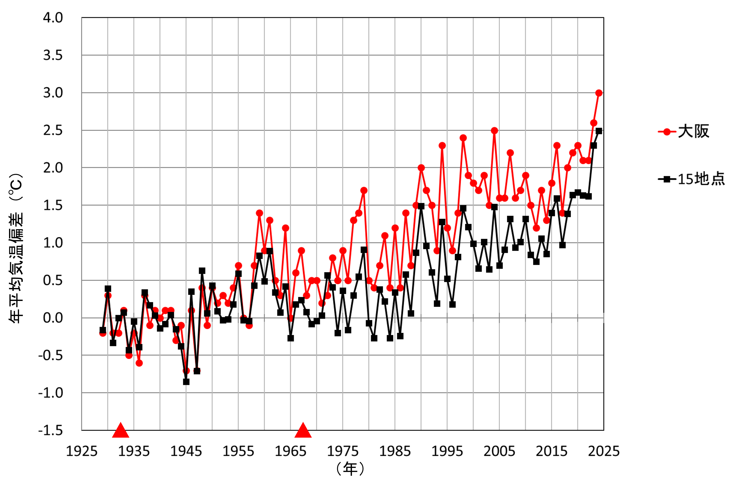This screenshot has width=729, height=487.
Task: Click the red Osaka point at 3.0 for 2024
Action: tap(599, 93)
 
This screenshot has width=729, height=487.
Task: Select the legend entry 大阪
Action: tap(693, 132)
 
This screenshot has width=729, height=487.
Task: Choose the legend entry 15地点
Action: tap(701, 179)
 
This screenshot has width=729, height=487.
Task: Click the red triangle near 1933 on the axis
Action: tap(120, 430)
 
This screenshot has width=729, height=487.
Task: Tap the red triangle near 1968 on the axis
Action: tap(303, 430)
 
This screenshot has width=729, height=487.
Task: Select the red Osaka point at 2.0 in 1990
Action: tap(421, 168)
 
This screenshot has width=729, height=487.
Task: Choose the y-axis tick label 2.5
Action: tap(53, 130)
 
